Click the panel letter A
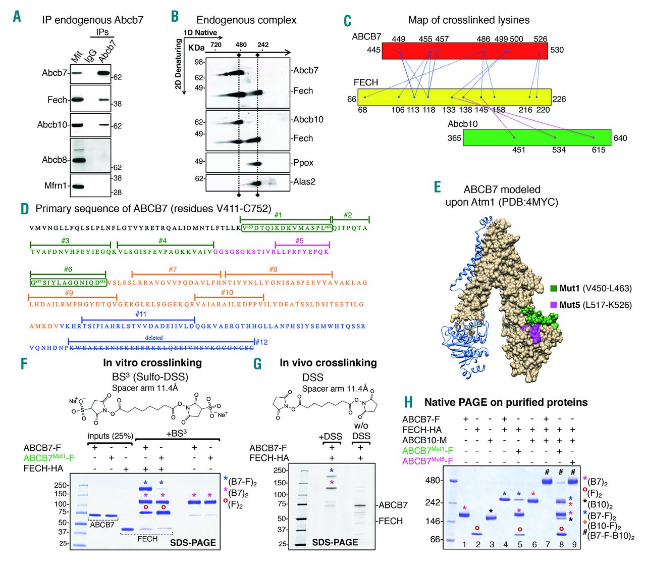(17, 16)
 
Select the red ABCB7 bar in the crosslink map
(457, 51)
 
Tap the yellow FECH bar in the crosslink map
(454, 97)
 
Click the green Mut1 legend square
(554, 289)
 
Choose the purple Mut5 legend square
(554, 305)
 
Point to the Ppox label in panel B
(303, 163)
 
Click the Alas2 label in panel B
(304, 181)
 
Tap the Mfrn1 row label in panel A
(55, 185)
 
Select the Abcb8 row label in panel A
(55, 160)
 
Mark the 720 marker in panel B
(216, 45)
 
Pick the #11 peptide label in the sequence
(141, 314)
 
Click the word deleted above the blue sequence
(154, 338)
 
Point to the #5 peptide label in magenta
(299, 241)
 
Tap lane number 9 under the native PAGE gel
(573, 544)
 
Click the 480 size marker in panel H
(433, 481)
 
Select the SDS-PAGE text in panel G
(335, 542)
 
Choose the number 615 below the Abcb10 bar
(599, 150)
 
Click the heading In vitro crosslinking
(152, 363)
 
